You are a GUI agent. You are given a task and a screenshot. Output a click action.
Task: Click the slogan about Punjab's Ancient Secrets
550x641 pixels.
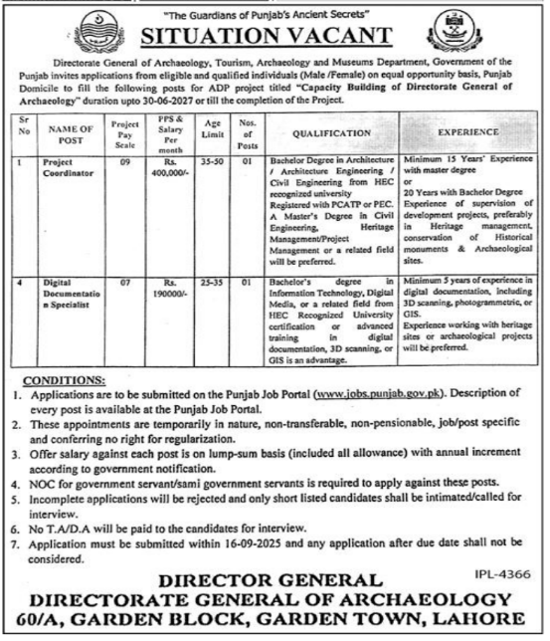coord(275,11)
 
